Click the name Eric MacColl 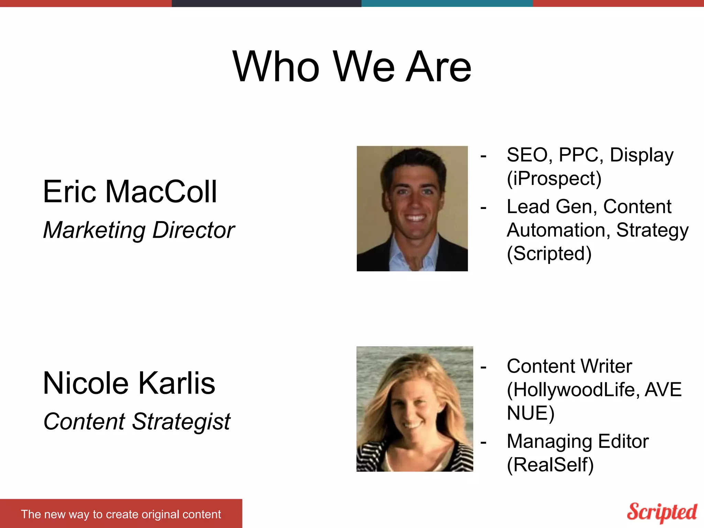tap(130, 191)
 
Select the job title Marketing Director tap(139, 230)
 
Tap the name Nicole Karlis tap(129, 383)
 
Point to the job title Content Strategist tap(137, 421)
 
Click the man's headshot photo tap(412, 209)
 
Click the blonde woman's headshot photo tap(415, 409)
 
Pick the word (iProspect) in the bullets tap(554, 178)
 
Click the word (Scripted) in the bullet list tap(549, 254)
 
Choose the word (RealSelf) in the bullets tap(550, 465)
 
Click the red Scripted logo tap(662, 512)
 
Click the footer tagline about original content tap(121, 514)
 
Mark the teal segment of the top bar tap(447, 3)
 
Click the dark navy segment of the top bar tap(266, 3)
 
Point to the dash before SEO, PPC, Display tap(484, 156)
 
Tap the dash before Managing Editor tap(484, 442)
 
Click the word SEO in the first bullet tap(526, 155)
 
